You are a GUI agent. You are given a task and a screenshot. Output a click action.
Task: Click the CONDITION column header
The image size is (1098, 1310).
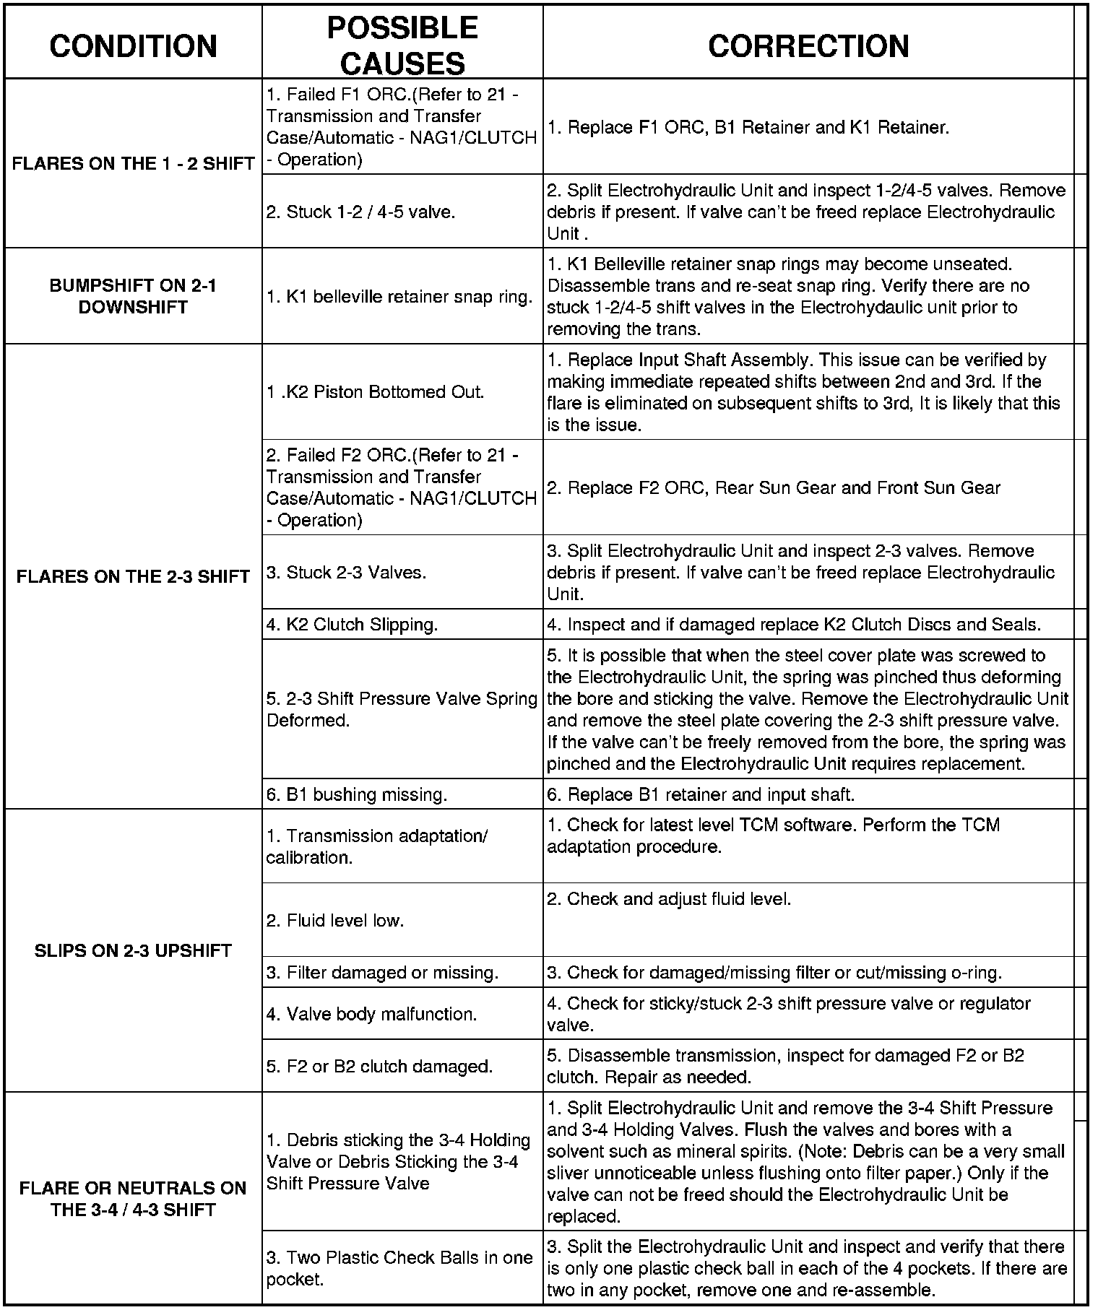[133, 45]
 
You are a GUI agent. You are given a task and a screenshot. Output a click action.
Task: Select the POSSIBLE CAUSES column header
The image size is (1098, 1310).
[402, 45]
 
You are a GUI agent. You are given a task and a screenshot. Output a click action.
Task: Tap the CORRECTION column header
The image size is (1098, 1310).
[808, 45]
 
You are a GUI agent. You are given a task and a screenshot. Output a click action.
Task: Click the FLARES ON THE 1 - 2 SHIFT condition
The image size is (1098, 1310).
[133, 163]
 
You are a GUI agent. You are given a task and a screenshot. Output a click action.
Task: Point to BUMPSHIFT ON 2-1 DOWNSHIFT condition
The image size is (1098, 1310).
[133, 296]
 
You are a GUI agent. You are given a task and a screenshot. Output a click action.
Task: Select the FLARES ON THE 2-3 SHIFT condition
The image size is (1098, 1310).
[133, 576]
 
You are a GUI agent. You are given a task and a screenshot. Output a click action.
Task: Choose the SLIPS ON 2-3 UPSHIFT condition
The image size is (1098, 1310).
[133, 950]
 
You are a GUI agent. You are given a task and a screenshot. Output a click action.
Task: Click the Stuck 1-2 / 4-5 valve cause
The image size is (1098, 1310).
[360, 212]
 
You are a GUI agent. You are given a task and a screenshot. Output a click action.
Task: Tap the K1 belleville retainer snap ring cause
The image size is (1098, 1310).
[399, 297]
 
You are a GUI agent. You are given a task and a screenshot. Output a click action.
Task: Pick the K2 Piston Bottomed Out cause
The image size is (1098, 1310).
[375, 392]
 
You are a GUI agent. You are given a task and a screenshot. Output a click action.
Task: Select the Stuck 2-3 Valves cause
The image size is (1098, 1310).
[346, 573]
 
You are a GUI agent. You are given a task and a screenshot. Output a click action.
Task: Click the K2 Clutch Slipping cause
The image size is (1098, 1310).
[352, 625]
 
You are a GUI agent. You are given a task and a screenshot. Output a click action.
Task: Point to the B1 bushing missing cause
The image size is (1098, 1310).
[357, 794]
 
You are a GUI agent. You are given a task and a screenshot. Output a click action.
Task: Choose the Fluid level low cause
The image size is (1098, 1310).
[334, 921]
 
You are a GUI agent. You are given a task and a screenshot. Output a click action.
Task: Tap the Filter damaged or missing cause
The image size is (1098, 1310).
[382, 973]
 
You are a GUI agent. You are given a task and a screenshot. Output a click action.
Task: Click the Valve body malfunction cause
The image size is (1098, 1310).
[371, 1014]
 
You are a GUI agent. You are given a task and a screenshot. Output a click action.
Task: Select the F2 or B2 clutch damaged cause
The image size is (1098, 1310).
[379, 1066]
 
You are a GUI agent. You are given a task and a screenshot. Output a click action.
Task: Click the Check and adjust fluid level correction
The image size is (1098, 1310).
[669, 899]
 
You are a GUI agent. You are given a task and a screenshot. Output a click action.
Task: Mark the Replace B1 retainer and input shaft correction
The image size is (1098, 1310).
[701, 794]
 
